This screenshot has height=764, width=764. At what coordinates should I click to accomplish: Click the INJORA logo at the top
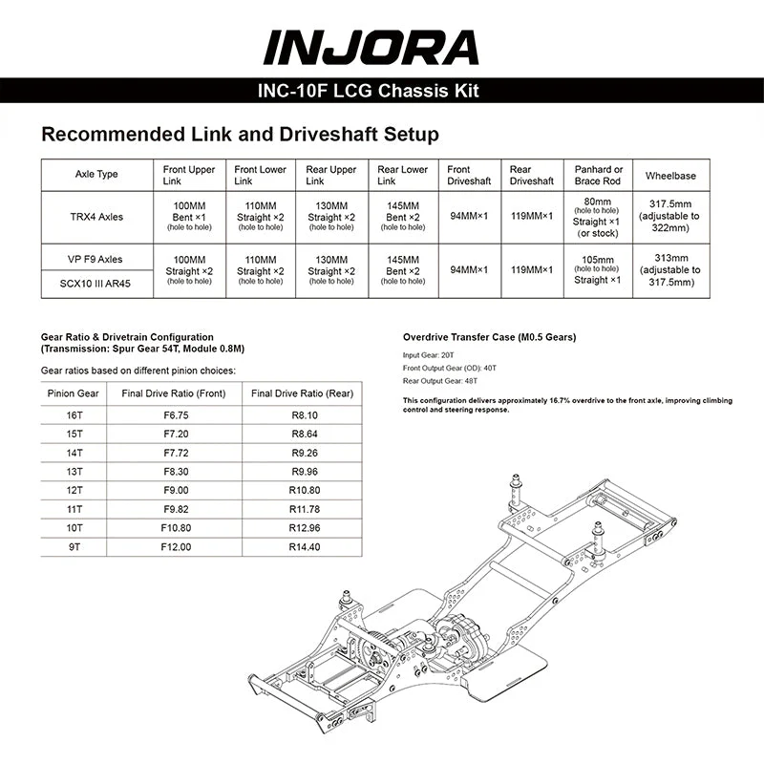point(371,48)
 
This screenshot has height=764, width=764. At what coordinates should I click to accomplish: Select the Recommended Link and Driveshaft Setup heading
point(240,134)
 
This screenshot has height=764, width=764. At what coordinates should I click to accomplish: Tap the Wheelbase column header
point(669,176)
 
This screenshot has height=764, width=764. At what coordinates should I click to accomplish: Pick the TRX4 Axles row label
point(96,217)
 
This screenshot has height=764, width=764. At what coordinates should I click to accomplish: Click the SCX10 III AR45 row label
point(96,285)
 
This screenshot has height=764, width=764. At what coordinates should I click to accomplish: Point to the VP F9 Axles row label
point(96,259)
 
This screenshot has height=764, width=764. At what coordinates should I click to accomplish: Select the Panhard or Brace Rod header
point(598,176)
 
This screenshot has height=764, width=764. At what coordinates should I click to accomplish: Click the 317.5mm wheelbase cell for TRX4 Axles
point(669,216)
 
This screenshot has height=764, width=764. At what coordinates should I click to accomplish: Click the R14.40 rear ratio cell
point(303,547)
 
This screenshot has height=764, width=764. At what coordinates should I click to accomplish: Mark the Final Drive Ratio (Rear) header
point(303,393)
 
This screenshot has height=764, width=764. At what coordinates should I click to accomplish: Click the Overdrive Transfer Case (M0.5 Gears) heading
point(489,337)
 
